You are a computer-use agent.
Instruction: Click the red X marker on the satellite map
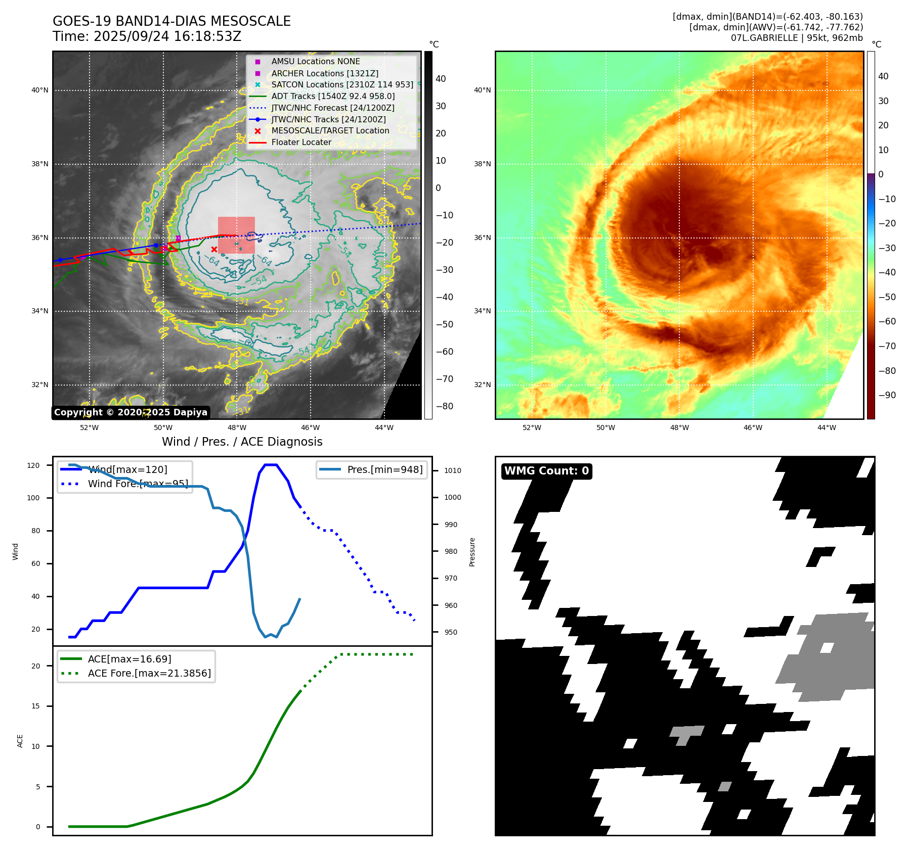[214, 249]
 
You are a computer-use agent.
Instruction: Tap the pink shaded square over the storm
[236, 235]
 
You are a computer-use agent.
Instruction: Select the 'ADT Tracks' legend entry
[333, 96]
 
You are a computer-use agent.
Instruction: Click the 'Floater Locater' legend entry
[301, 142]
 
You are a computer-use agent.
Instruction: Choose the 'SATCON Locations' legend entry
[342, 84]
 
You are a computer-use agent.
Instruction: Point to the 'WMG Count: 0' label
[546, 471]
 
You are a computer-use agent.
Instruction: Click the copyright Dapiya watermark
[131, 412]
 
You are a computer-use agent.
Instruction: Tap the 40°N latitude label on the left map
[40, 90]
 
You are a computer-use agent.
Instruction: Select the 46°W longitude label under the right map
[753, 428]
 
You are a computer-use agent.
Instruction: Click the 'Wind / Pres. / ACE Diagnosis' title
[242, 442]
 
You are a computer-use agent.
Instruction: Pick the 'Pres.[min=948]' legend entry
[384, 469]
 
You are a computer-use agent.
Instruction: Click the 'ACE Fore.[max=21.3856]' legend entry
[149, 673]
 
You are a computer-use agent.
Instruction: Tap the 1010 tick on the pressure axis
[453, 470]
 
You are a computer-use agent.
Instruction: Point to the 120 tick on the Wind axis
[33, 465]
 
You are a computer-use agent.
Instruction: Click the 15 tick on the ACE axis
[35, 706]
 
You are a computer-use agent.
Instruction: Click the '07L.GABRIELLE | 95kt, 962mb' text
[797, 38]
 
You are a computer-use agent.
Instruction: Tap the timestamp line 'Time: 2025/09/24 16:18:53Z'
[147, 36]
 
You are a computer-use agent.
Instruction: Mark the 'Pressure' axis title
[472, 552]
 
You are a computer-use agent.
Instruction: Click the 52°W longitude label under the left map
[90, 428]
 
